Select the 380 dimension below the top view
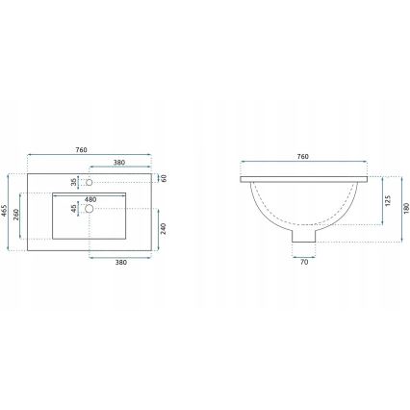(121, 262)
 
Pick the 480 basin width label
(90, 199)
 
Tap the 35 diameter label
(72, 181)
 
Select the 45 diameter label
(72, 207)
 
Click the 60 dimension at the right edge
(164, 178)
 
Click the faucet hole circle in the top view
(90, 181)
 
